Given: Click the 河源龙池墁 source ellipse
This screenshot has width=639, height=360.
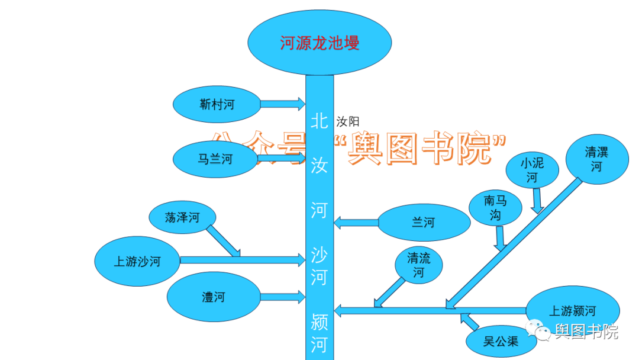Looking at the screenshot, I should click(319, 43).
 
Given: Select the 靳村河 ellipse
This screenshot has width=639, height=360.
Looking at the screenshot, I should click(217, 105).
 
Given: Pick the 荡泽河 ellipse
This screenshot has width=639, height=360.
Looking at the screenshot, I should click(182, 218).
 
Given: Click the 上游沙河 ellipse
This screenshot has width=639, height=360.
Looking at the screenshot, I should click(137, 261).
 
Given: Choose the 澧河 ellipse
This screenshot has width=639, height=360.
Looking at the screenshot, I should click(214, 297).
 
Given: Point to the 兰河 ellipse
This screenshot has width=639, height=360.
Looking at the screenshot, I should click(424, 223).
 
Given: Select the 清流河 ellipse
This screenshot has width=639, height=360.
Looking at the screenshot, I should click(419, 265).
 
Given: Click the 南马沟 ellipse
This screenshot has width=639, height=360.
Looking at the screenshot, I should click(495, 208).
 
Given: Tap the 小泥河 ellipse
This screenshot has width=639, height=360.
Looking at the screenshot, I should click(532, 169).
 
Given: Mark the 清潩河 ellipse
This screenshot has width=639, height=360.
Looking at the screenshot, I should click(596, 159).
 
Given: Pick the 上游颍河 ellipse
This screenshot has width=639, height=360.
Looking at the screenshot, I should click(573, 311).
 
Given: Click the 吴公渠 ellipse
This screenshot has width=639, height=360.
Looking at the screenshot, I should click(501, 342).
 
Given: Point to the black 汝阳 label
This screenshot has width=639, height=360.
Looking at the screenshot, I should click(348, 122).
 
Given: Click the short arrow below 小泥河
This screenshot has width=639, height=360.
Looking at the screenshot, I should click(536, 200).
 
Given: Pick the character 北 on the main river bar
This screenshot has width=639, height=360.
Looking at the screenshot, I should click(319, 121).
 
